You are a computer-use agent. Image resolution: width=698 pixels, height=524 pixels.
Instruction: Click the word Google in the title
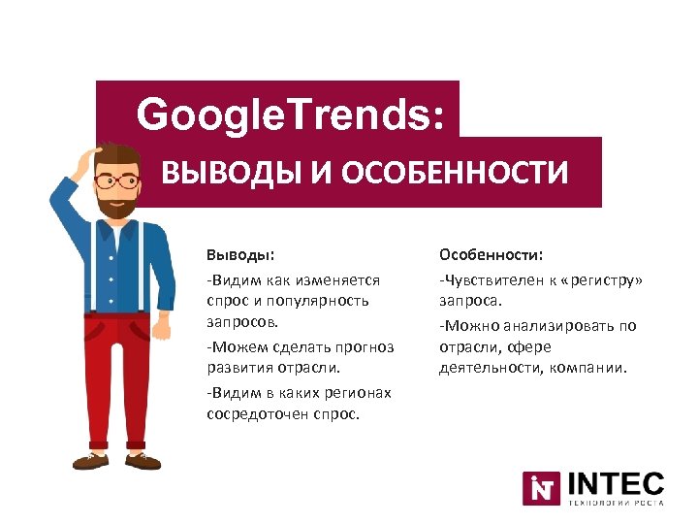pyautogui.click(x=193, y=115)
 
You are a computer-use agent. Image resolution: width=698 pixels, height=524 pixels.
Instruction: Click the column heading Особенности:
pyautogui.click(x=492, y=254)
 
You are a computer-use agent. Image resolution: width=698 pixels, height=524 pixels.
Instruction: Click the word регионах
pyautogui.click(x=358, y=393)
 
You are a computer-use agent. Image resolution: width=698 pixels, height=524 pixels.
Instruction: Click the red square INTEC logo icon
pyautogui.click(x=541, y=488)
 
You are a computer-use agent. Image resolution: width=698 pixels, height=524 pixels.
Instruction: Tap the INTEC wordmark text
pyautogui.click(x=615, y=483)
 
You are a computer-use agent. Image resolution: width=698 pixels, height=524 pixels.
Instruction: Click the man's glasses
pyautogui.click(x=119, y=181)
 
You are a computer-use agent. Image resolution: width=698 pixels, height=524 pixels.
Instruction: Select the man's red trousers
pyautogui.click(x=114, y=378)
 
